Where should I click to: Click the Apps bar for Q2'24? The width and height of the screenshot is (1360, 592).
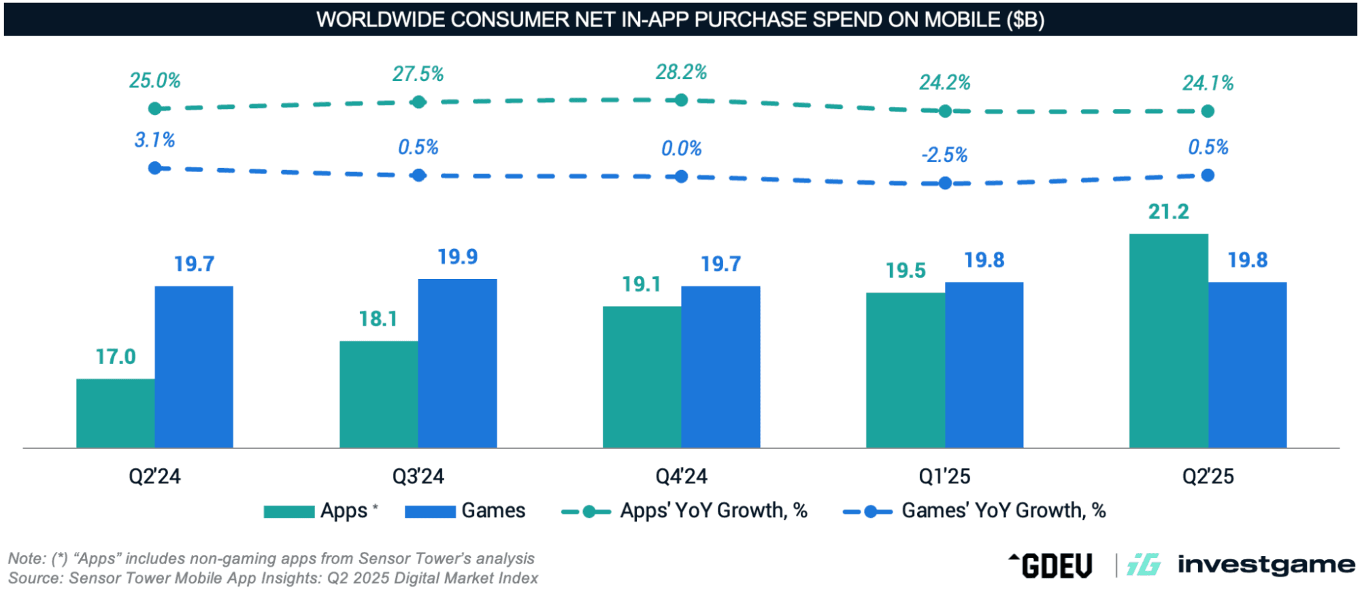pos(116,413)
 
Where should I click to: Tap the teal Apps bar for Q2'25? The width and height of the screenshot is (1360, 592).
pos(1168,340)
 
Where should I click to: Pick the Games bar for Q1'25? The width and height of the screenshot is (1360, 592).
pos(984,365)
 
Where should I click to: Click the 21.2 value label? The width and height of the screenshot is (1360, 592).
pos(1168,212)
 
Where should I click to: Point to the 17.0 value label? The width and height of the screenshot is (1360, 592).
pos(116,357)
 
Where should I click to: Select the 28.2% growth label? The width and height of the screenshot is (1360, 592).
pos(681,72)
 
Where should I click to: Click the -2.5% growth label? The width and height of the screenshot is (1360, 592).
pos(944,155)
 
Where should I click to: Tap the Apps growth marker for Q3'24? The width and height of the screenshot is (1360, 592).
pos(418,102)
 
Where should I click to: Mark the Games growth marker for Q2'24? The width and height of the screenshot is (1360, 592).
pos(155,168)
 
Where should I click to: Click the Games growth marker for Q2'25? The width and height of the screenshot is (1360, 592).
pos(1208,176)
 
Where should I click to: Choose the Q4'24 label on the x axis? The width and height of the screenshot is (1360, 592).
pos(681,476)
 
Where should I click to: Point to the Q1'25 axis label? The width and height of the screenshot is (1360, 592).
pos(944,476)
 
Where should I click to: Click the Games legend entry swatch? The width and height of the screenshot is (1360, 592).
pos(430,512)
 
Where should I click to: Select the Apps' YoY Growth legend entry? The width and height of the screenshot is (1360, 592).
pos(684,511)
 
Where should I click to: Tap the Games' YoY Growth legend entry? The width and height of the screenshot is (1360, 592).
pos(974,511)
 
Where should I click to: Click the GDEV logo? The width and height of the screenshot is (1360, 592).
pos(1051,565)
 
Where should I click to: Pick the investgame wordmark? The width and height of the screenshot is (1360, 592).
pos(1265,565)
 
